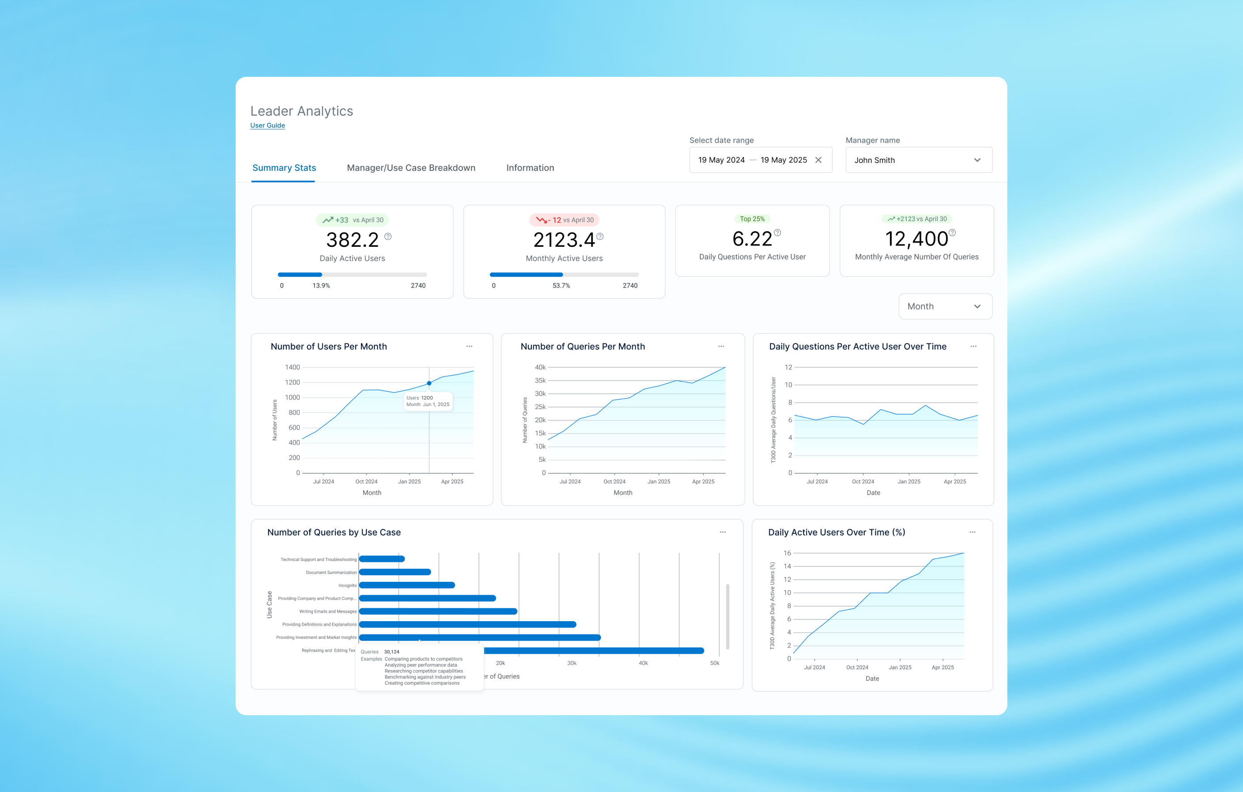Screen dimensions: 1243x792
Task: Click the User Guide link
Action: [267, 125]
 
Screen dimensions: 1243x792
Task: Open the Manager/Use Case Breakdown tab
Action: [411, 168]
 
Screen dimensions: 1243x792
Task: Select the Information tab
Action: [530, 168]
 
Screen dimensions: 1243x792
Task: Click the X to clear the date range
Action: [818, 160]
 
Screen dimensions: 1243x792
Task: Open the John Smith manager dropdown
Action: [919, 160]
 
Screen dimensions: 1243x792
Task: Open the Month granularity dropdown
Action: [945, 306]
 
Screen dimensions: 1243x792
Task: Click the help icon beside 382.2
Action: [388, 237]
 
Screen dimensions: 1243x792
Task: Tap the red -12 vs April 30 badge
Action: [564, 220]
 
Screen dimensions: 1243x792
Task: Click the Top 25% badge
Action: [752, 219]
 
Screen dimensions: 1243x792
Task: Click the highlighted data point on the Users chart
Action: [429, 383]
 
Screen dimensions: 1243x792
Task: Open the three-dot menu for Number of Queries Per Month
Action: [721, 347]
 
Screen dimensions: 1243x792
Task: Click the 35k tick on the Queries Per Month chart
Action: [540, 381]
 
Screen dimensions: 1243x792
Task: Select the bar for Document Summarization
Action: [395, 572]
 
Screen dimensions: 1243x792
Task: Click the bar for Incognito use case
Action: [407, 585]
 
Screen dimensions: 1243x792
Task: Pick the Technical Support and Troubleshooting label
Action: [319, 559]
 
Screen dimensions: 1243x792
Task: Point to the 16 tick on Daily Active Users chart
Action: [787, 553]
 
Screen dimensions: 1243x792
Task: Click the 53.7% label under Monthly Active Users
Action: [561, 286]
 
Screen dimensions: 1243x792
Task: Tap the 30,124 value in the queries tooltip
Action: [392, 652]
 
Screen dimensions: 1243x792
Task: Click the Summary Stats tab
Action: [284, 168]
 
